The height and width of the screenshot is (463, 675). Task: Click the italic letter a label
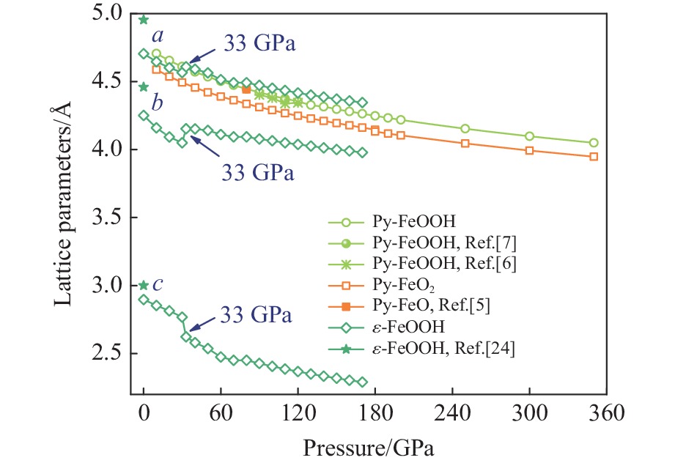coord(157,36)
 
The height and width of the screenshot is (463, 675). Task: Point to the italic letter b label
coord(157,101)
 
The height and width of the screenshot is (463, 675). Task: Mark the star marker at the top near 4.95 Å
coord(144,20)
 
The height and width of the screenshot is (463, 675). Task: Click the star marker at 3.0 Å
coord(144,286)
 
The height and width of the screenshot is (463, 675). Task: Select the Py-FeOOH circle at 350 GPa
coord(594,143)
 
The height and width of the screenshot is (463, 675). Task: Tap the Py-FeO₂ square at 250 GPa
coord(465,143)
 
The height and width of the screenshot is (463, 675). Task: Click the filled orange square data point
coord(246,89)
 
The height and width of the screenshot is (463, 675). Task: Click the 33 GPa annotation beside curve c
coord(257,316)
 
